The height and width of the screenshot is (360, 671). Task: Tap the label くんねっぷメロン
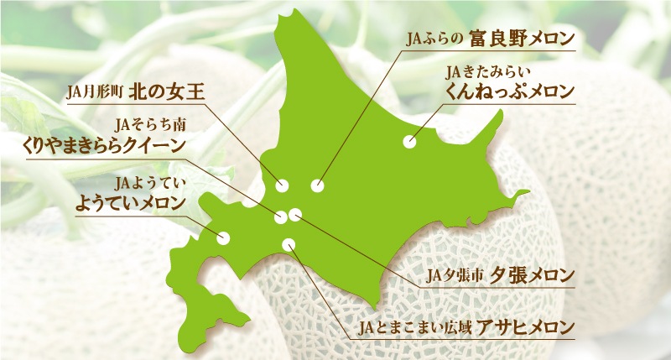512,90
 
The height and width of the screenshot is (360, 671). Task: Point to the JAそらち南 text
148,125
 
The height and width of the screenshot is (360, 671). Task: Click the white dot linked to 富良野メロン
316,185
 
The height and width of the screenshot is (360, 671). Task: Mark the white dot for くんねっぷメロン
409,143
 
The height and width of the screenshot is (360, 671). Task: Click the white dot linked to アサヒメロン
289,245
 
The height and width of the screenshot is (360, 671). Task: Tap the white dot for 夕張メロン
294,216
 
